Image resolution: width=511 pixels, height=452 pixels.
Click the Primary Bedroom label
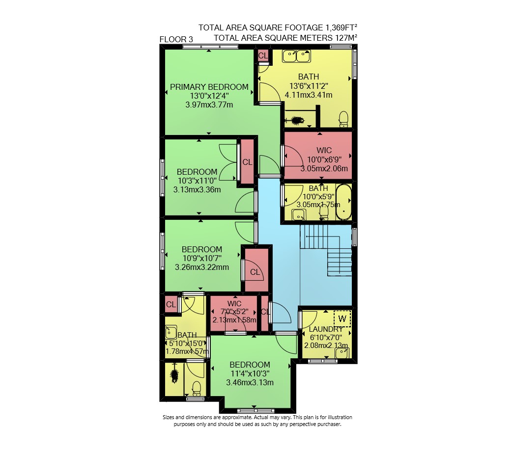point(209,87)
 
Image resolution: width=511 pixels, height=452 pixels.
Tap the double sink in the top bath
point(296,56)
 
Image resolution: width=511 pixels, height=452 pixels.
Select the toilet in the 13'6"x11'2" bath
point(343,119)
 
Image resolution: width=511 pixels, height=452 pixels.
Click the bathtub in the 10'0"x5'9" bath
point(343,202)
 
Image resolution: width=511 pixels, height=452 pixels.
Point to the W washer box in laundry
point(342,319)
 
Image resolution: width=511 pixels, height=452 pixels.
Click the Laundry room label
point(326,329)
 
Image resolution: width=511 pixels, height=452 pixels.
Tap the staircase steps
point(326,251)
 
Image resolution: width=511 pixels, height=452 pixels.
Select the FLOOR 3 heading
point(176,39)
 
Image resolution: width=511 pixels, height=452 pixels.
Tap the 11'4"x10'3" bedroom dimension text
point(250,373)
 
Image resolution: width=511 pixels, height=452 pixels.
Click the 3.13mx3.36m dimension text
point(197,189)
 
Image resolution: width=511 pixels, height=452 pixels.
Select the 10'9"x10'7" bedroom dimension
point(202,258)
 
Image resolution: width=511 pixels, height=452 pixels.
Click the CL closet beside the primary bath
point(263,55)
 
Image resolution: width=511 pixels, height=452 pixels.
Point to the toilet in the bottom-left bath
point(196,388)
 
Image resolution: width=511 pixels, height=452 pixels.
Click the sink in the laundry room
point(342,353)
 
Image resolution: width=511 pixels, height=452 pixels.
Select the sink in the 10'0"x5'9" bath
point(299,215)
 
